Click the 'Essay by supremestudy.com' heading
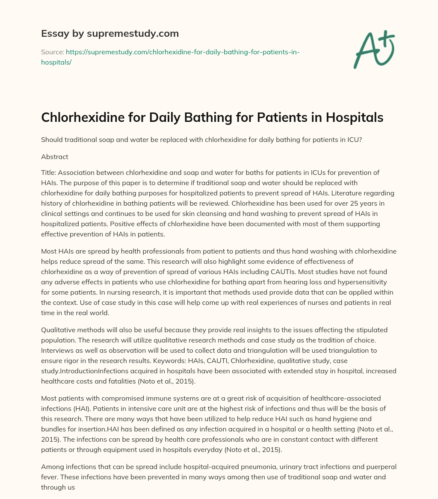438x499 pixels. [110, 33]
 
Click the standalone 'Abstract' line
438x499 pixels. [55, 156]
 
